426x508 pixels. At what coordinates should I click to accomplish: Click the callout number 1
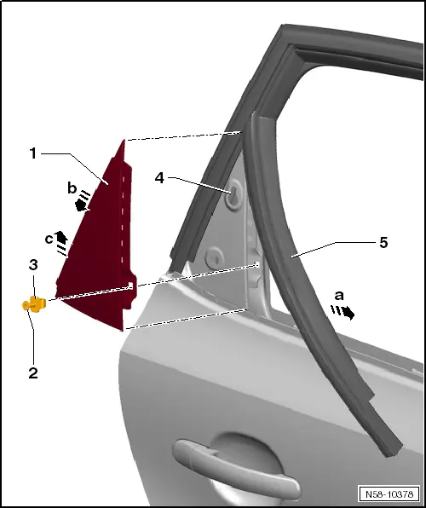pyautogui.click(x=32, y=153)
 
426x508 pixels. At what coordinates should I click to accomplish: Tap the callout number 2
pyautogui.click(x=33, y=372)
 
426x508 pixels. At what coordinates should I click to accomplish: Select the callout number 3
pyautogui.click(x=33, y=265)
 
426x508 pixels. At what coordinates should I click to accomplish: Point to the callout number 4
pyautogui.click(x=159, y=178)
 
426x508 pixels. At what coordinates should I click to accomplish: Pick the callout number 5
pyautogui.click(x=383, y=242)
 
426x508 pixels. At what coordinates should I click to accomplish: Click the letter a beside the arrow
pyautogui.click(x=339, y=296)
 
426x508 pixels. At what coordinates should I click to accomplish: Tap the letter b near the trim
pyautogui.click(x=72, y=188)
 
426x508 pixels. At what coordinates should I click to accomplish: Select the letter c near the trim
pyautogui.click(x=49, y=240)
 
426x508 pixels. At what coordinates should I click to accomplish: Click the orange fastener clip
pyautogui.click(x=34, y=304)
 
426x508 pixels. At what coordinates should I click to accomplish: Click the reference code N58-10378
pyautogui.click(x=389, y=494)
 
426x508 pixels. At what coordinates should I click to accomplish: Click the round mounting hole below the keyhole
pyautogui.click(x=215, y=258)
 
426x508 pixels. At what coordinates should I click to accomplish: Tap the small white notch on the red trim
pyautogui.click(x=130, y=286)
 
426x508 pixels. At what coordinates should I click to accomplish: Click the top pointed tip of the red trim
pyautogui.click(x=124, y=141)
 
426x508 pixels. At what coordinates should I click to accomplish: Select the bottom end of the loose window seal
pyautogui.click(x=392, y=450)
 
